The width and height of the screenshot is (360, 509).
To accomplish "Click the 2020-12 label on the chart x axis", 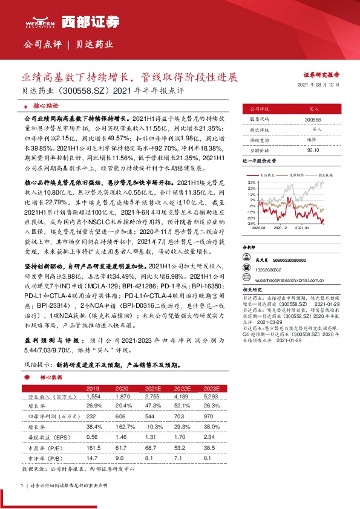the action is pos(280,228).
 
